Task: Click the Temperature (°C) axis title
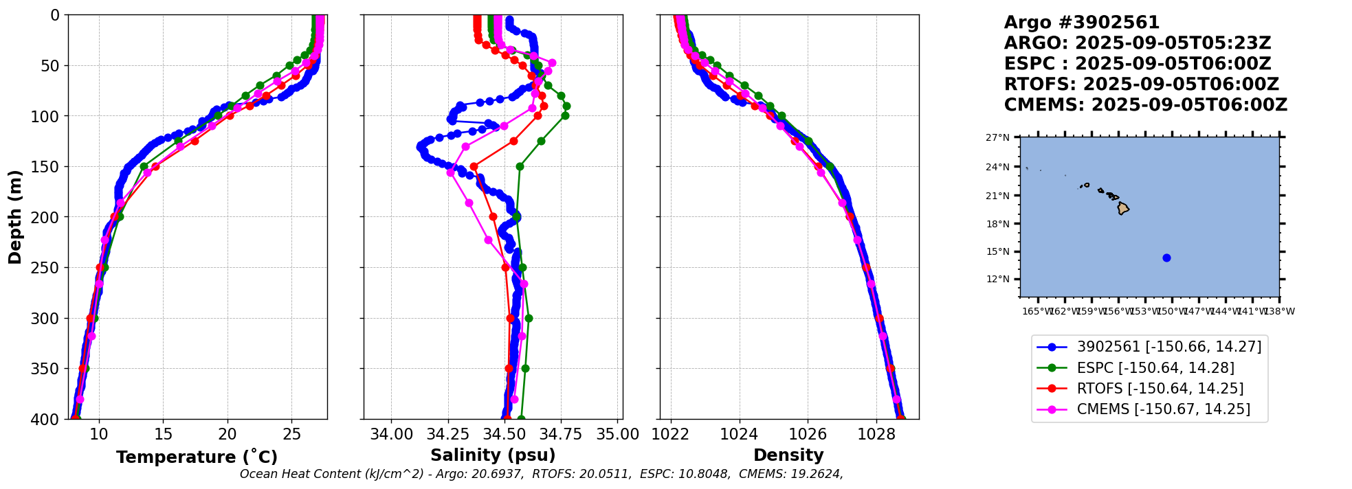point(197,457)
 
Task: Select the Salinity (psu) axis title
point(493,455)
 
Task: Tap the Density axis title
point(788,455)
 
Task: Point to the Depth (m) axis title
point(15,217)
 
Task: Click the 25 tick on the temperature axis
point(292,434)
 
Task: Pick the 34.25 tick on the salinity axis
point(448,434)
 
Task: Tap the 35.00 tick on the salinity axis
point(618,434)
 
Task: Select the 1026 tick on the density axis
point(808,434)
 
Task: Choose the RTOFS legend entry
point(1160,388)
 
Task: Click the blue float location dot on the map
point(1166,258)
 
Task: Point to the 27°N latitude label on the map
point(998,137)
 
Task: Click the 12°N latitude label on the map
point(998,279)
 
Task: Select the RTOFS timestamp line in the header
point(1141,84)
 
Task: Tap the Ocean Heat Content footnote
point(541,474)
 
